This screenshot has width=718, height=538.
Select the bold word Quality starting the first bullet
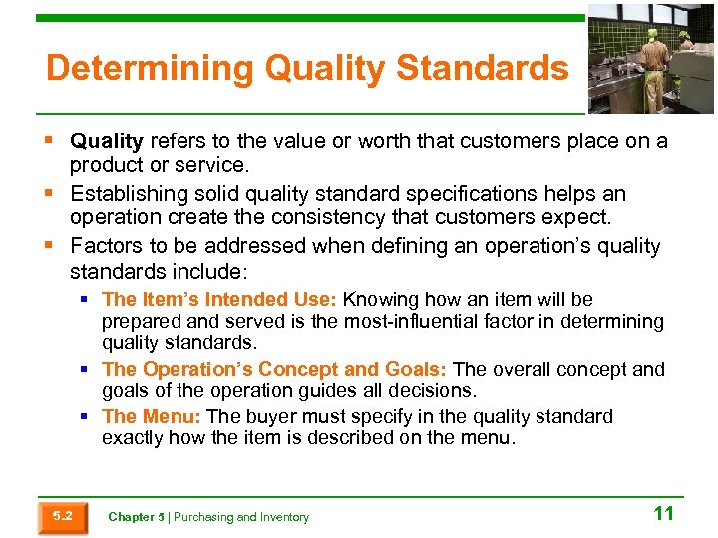click(x=107, y=141)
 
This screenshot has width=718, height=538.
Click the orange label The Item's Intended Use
click(x=219, y=299)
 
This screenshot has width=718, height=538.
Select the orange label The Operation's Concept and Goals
click(x=274, y=369)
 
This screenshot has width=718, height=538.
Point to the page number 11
click(x=663, y=514)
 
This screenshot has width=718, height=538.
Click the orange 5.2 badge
click(x=62, y=516)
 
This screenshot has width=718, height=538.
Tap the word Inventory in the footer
click(x=282, y=517)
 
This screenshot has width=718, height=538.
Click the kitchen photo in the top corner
click(x=650, y=59)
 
